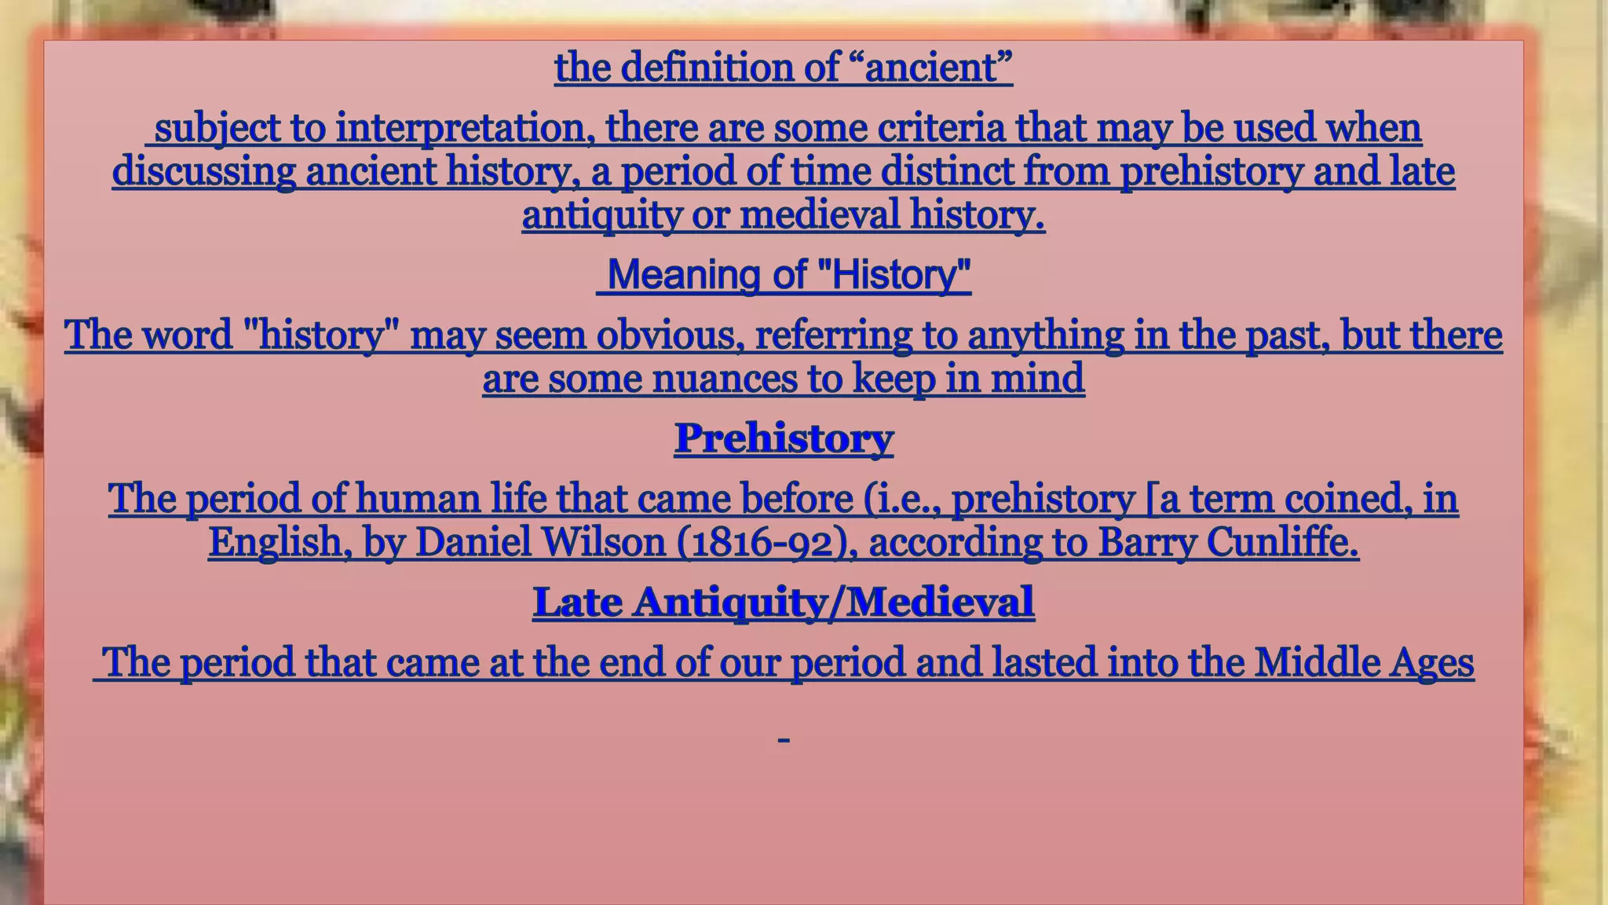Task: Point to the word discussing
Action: tap(204, 171)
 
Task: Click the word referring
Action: tap(833, 335)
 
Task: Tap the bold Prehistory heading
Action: tap(784, 438)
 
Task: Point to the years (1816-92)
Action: tap(766, 542)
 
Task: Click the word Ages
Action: tap(1431, 662)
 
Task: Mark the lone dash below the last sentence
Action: tap(783, 740)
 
